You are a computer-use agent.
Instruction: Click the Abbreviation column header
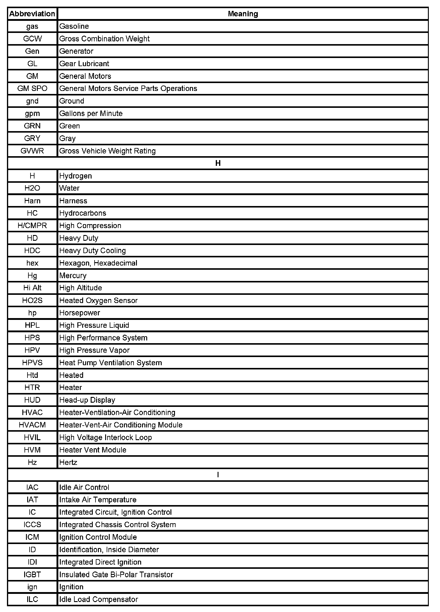(32, 14)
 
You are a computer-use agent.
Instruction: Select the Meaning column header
(243, 14)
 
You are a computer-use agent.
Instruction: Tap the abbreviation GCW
(32, 39)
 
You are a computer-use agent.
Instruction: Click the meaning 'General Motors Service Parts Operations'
(128, 89)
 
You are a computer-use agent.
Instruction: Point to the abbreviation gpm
(32, 114)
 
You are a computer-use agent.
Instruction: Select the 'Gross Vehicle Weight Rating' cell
(107, 151)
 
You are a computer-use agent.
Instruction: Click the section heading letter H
(218, 163)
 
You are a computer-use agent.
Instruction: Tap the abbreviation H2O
(32, 188)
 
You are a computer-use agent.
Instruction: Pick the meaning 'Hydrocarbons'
(83, 213)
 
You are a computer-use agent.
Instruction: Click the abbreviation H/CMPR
(32, 226)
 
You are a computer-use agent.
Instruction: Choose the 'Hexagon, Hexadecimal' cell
(98, 263)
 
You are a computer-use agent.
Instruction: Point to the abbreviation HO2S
(32, 301)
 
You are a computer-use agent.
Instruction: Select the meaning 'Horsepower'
(79, 313)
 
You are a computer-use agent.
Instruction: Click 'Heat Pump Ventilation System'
(111, 363)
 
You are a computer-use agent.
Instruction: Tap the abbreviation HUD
(32, 400)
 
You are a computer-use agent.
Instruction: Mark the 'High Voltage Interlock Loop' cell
(105, 437)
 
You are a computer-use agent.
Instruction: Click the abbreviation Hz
(32, 462)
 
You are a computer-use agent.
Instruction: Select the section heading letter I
(218, 475)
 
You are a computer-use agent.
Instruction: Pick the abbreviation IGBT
(32, 575)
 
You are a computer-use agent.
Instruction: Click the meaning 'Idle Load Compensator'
(99, 599)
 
